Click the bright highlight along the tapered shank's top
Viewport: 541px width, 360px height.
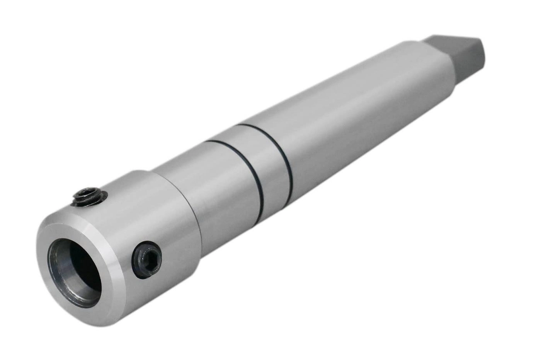(x=328, y=85)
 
